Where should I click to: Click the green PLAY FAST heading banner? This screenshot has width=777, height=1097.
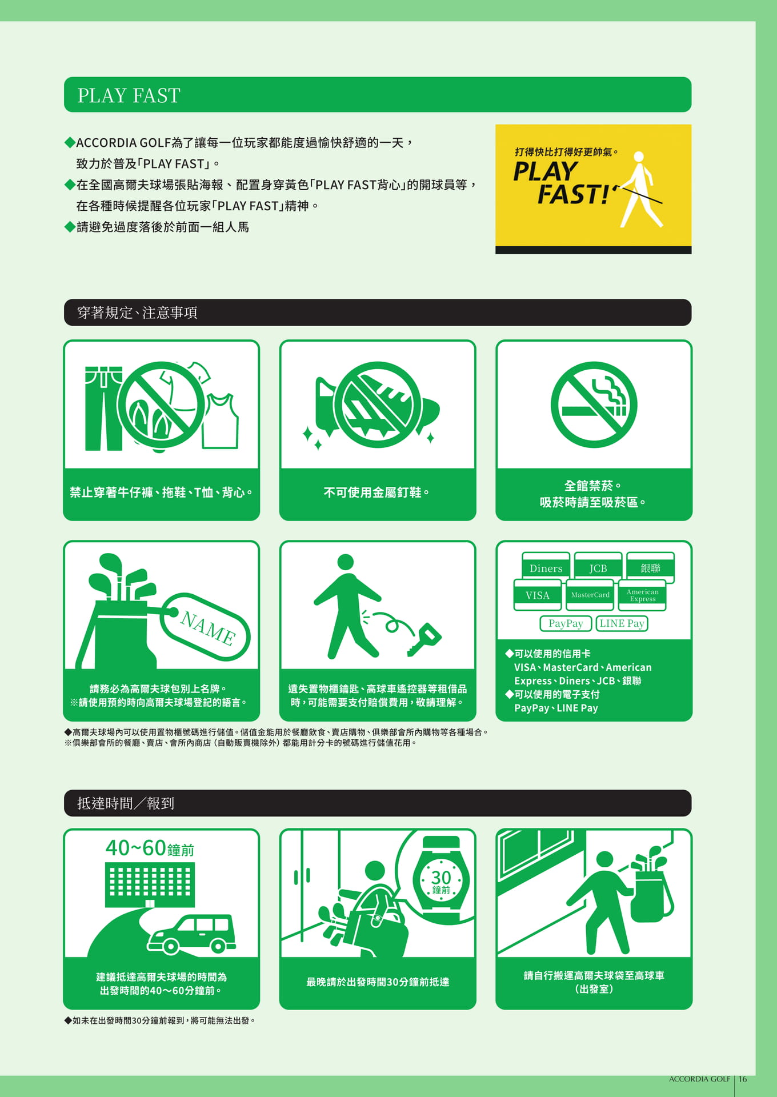tap(377, 95)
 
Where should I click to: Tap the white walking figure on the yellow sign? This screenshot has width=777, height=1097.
tap(639, 189)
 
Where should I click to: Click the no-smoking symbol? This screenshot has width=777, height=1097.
tap(594, 405)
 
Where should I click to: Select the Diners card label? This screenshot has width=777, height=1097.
tap(546, 568)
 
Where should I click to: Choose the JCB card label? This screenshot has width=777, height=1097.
tap(598, 568)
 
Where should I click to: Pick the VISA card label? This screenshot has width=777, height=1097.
tap(537, 595)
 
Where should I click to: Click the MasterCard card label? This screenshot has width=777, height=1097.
tap(590, 595)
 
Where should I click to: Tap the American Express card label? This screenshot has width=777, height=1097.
tap(643, 595)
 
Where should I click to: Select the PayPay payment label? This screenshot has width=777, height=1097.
tap(566, 623)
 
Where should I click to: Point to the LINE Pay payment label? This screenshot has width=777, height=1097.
tap(622, 623)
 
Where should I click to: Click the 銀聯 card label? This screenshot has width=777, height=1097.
tap(650, 568)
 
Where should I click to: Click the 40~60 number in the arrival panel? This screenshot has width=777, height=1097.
tap(135, 848)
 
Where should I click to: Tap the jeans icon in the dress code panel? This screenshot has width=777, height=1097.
tap(103, 409)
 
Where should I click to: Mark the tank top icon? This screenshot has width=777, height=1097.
tap(221, 421)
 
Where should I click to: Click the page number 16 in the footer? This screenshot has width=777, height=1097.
tap(743, 1079)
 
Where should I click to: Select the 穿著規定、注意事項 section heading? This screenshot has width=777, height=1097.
tap(137, 313)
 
